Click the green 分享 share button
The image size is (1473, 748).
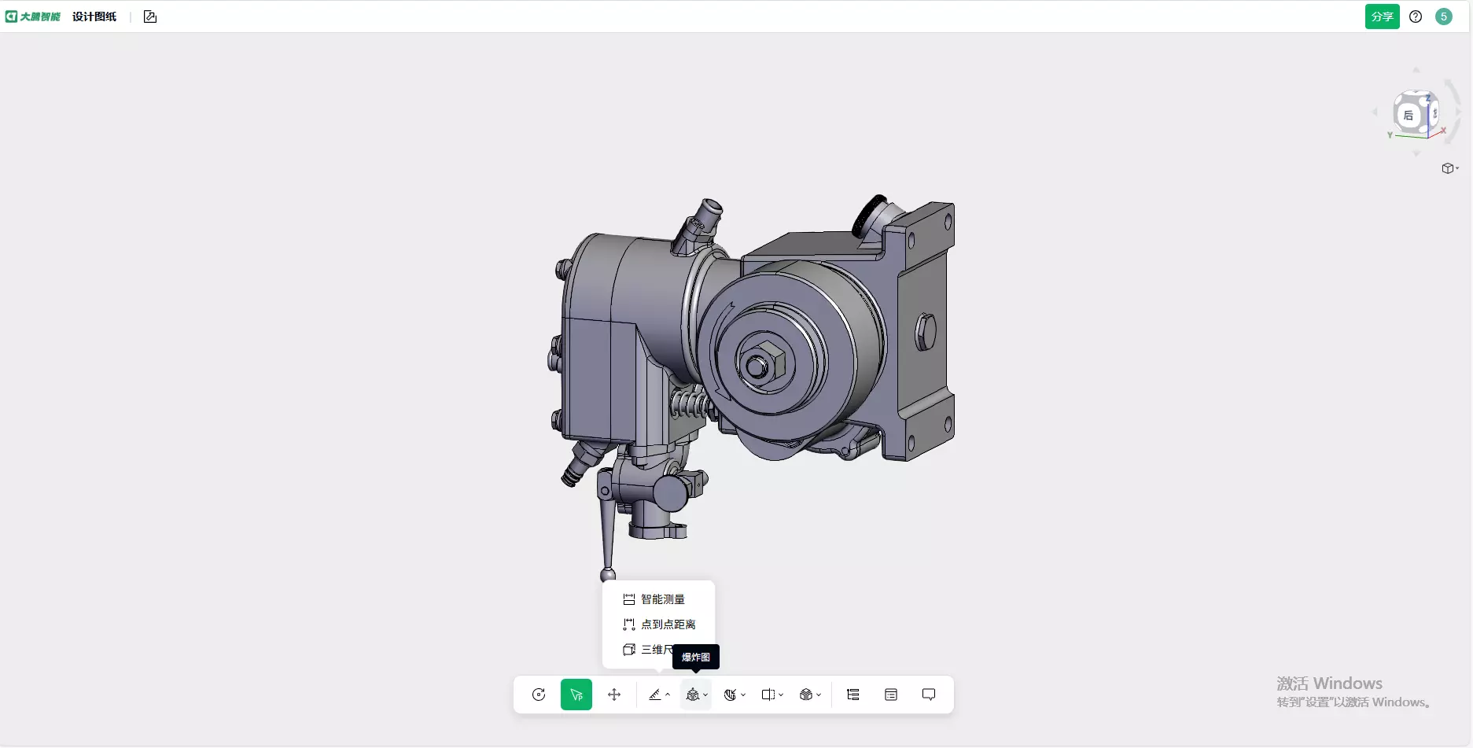point(1382,17)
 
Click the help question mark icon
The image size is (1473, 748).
point(1416,17)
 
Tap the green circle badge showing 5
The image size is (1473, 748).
point(1443,17)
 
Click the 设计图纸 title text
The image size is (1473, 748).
point(94,17)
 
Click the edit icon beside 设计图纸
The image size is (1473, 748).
point(150,17)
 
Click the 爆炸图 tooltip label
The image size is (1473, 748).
point(695,658)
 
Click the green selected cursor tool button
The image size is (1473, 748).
point(576,695)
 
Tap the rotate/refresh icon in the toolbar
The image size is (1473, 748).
point(539,695)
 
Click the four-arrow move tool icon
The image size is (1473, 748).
point(614,695)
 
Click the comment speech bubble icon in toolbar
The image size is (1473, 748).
point(929,695)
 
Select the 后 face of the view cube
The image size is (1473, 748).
point(1409,116)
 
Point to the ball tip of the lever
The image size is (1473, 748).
point(608,575)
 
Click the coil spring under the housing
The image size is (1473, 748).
point(690,405)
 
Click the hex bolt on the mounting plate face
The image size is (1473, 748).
point(926,332)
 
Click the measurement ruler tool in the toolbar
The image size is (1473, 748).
point(654,695)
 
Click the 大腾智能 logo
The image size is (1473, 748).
point(33,17)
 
